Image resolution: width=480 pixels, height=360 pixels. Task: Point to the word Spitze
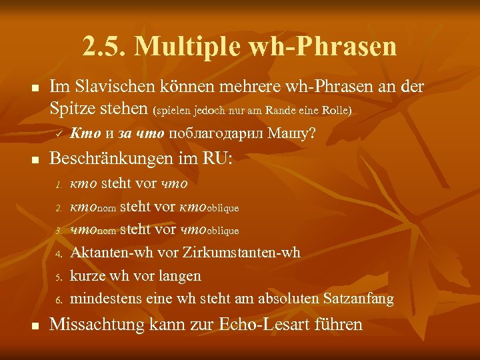71,107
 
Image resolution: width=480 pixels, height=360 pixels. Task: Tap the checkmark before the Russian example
58,135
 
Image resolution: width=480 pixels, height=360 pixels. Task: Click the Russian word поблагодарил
217,134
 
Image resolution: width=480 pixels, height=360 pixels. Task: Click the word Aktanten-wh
107,253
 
